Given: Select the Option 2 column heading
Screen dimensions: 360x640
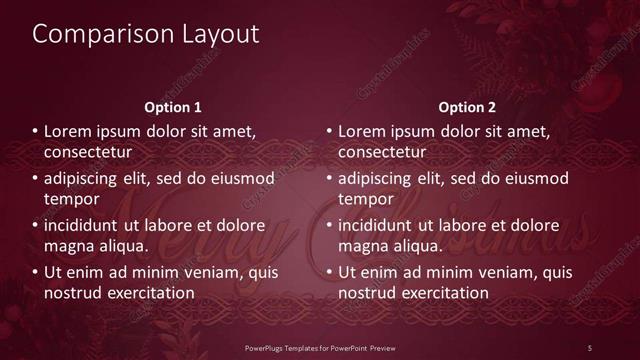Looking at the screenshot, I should click(466, 107).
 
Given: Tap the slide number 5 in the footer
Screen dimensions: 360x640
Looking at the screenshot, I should click(590, 347).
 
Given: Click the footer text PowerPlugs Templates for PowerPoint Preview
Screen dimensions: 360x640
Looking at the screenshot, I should click(320, 347).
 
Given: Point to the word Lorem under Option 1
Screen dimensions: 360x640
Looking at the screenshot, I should click(68, 131).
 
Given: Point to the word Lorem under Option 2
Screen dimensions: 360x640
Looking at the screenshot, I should click(362, 131).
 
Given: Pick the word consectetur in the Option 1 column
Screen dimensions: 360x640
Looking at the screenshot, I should click(88, 152).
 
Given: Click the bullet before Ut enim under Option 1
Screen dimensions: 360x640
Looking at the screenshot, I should click(35, 272).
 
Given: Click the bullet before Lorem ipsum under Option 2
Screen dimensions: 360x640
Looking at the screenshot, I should click(329, 131).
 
